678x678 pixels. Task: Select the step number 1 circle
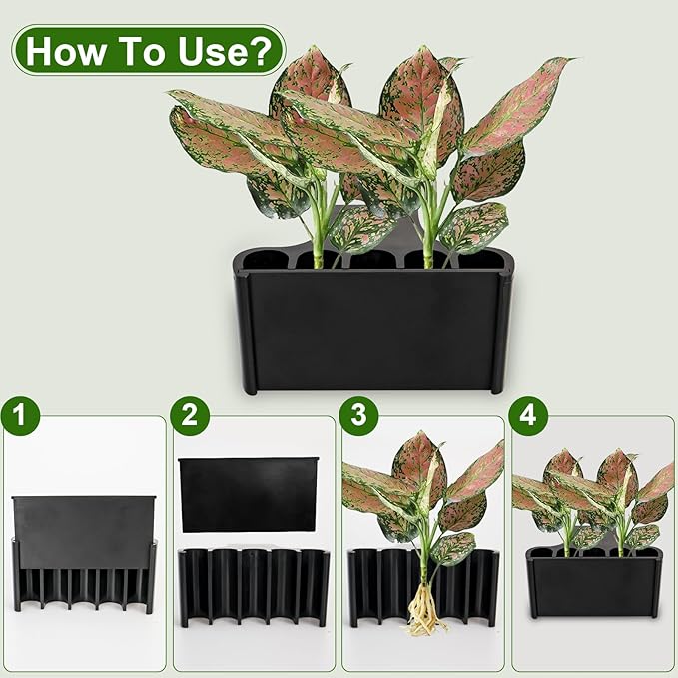click(x=19, y=414)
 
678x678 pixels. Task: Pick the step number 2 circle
click(x=188, y=414)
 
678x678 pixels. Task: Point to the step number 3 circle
click(x=357, y=414)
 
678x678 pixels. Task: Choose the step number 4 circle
click(x=525, y=414)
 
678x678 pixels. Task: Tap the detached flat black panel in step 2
click(x=248, y=494)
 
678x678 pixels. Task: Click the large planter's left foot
click(x=250, y=384)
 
